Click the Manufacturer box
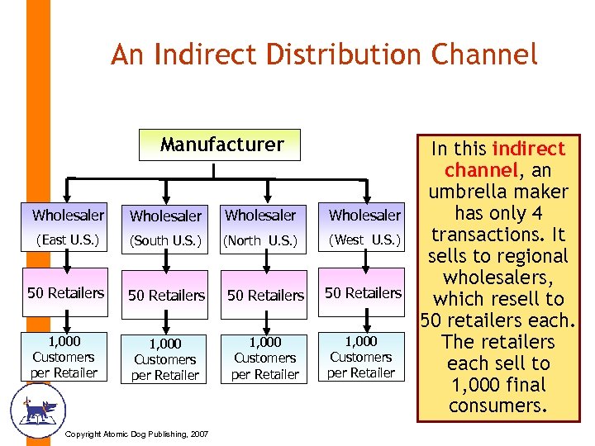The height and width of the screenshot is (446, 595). pos(221,145)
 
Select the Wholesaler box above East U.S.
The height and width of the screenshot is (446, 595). pos(68,216)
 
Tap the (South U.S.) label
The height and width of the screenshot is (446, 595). pos(166,241)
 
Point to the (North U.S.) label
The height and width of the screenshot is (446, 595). pos(260,241)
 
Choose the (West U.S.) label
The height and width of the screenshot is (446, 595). pos(364,240)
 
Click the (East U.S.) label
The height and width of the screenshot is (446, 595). pos(66,240)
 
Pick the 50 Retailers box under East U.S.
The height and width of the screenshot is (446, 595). pos(66,293)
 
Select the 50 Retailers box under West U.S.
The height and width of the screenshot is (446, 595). pos(363,293)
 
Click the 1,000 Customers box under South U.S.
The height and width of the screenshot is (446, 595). pos(165,359)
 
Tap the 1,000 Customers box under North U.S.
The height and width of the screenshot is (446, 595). pos(264,358)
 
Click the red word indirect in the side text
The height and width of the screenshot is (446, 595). pos(529,149)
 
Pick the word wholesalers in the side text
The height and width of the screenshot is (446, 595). pos(497,278)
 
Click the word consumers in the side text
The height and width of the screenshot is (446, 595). pos(497,406)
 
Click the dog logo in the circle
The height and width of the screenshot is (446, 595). pos(37,408)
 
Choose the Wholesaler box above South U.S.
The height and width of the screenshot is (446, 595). pos(166,216)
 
